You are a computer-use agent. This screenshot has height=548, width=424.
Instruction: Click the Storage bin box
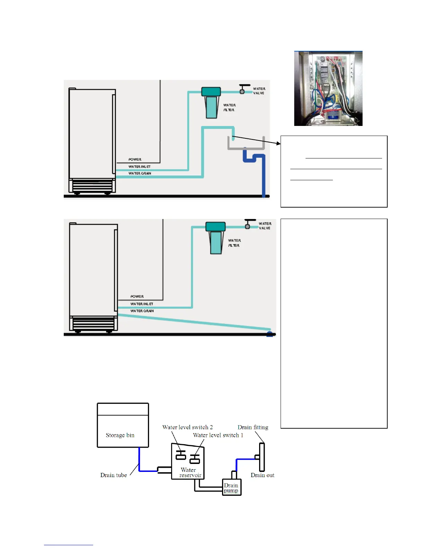(123, 425)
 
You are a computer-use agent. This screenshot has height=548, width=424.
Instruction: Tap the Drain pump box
(231, 487)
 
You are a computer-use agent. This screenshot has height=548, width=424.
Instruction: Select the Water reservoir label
(189, 472)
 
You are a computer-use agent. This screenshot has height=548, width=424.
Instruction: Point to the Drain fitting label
(253, 427)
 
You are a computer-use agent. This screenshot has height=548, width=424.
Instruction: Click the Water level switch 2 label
(187, 427)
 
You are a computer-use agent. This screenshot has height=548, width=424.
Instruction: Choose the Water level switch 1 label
(218, 435)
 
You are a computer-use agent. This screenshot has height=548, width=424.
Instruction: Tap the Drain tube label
(114, 475)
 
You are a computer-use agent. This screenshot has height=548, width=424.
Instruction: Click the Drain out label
(262, 475)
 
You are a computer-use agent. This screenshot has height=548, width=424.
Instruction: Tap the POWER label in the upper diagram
(135, 159)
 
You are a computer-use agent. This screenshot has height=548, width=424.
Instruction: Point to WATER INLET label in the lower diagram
(142, 304)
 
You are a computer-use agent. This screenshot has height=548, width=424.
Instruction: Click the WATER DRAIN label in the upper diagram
(140, 173)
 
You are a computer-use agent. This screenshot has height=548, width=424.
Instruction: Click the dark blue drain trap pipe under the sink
(254, 159)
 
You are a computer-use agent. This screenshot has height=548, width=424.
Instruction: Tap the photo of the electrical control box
(328, 89)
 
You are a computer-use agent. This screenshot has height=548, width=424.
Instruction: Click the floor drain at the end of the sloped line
(270, 334)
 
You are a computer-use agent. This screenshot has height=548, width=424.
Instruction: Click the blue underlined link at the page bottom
(68, 545)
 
